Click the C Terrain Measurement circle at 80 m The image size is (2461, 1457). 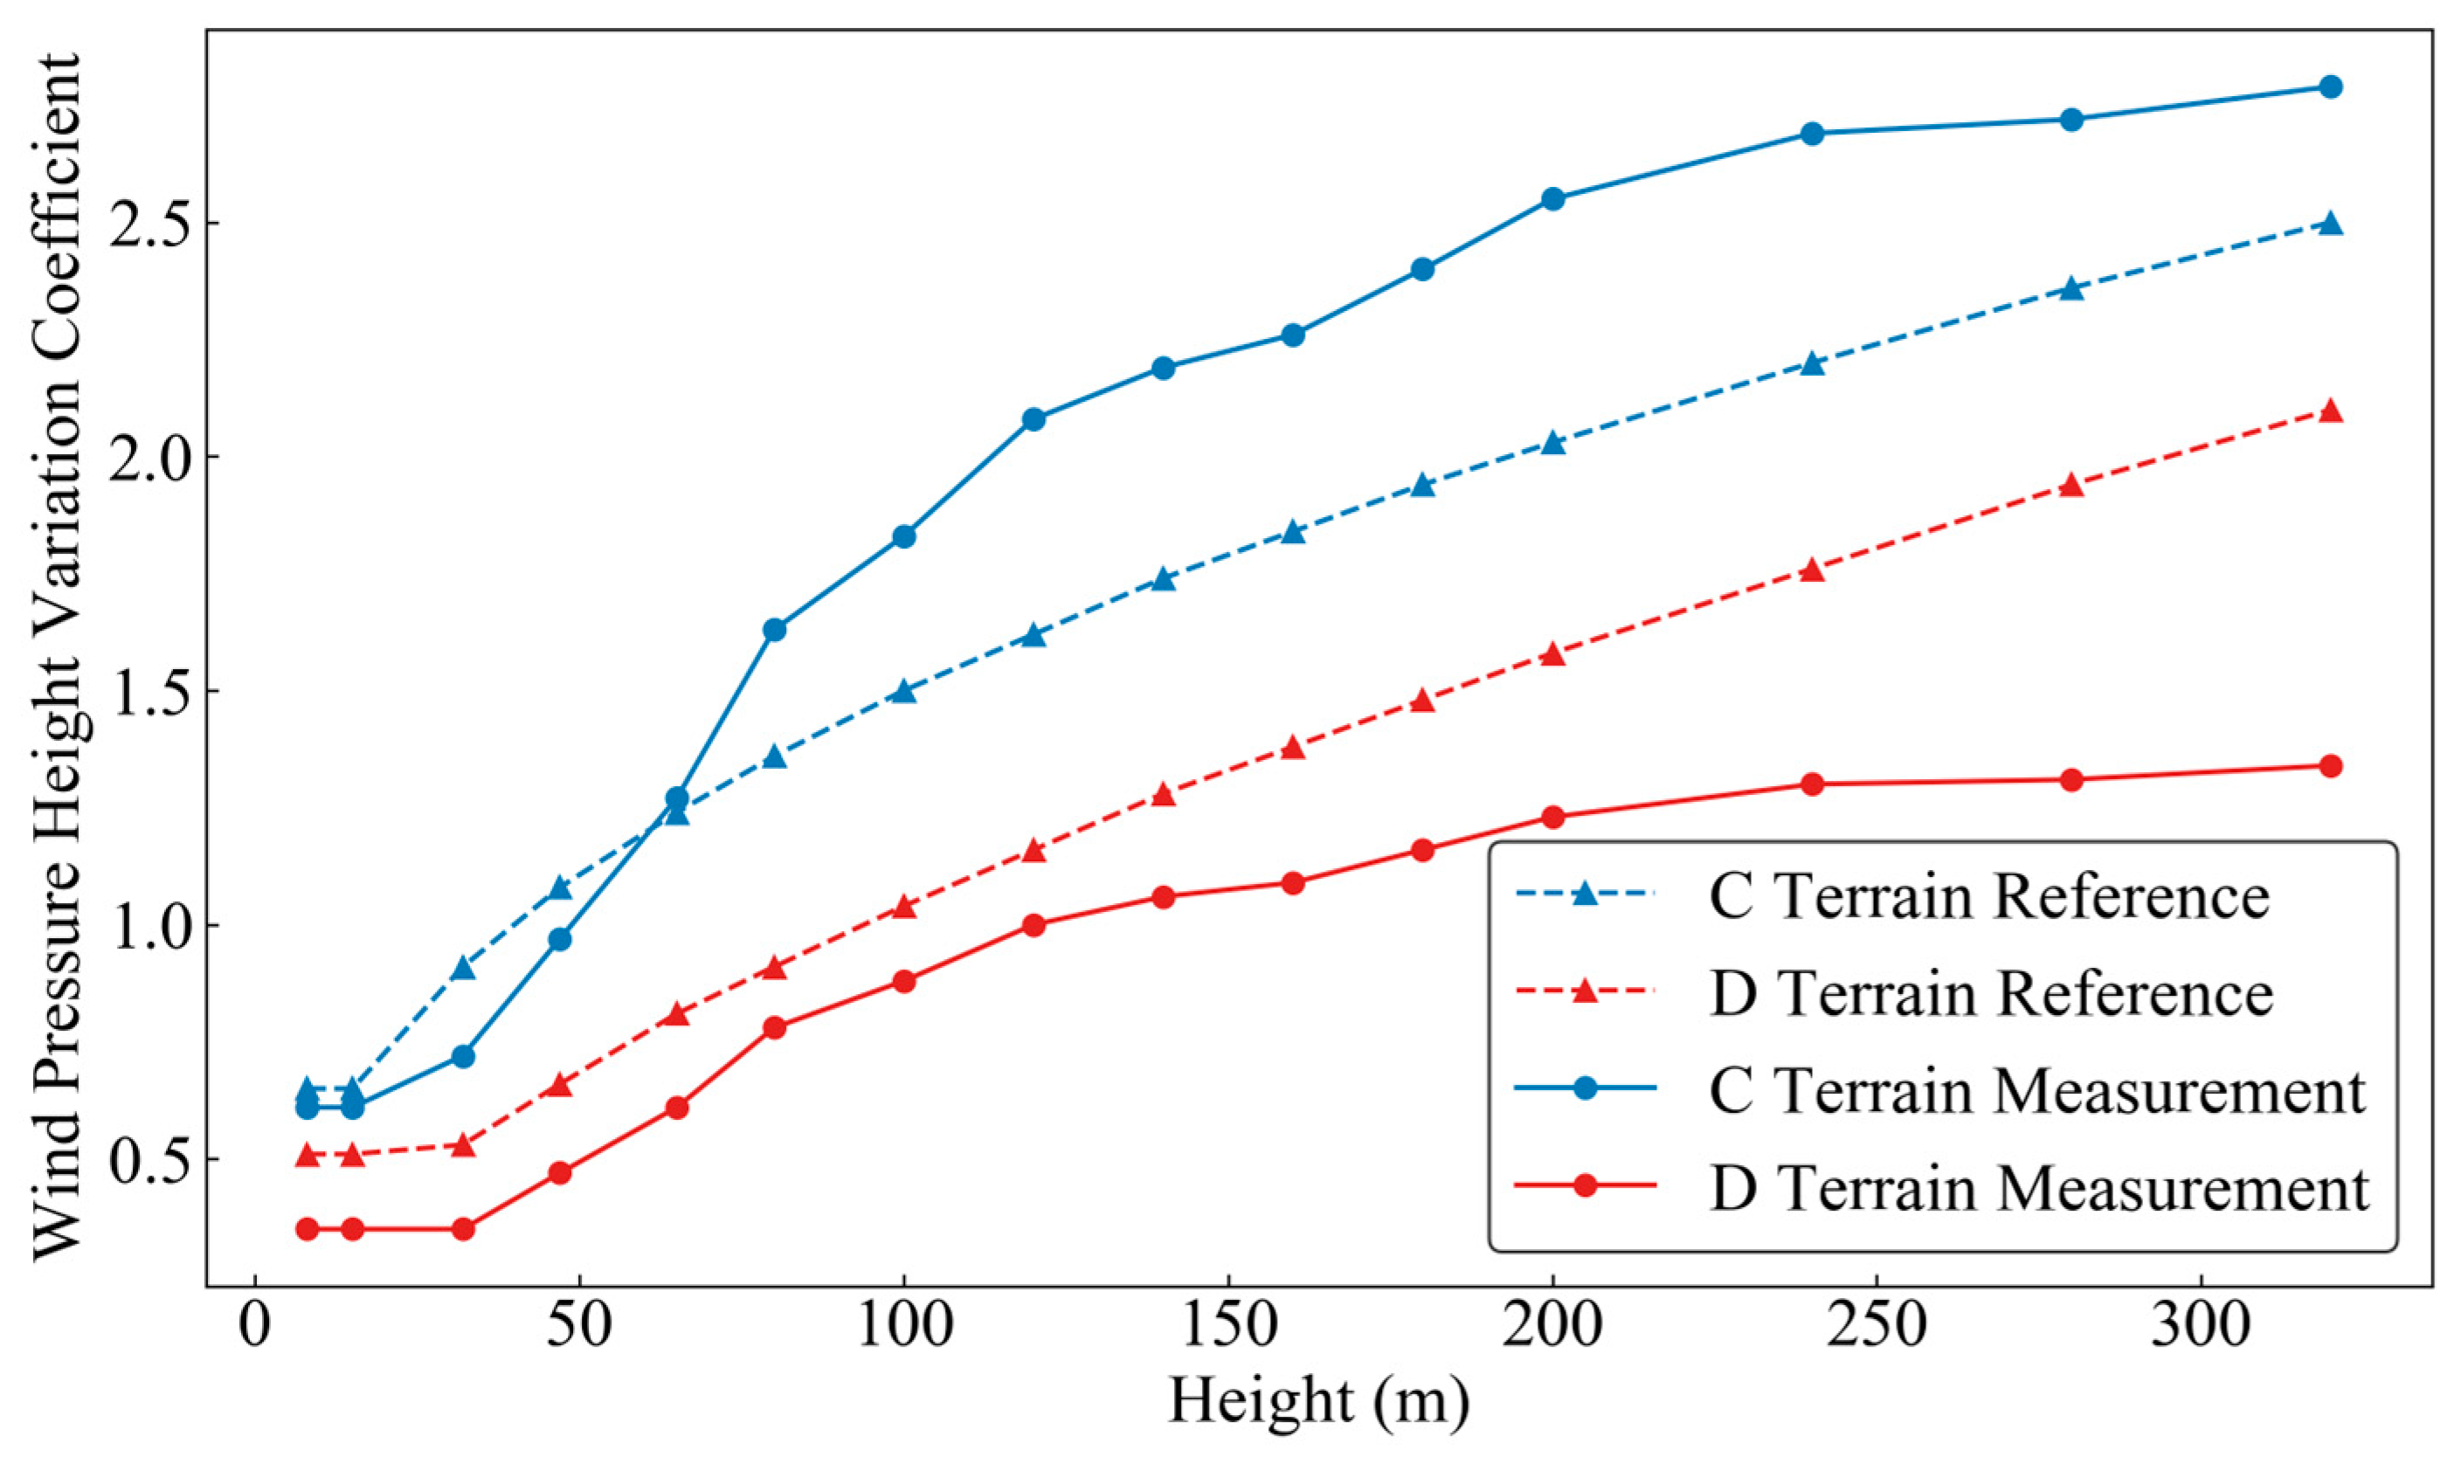(x=775, y=629)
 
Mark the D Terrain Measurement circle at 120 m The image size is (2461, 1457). (x=1033, y=925)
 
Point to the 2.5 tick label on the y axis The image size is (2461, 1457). (x=148, y=224)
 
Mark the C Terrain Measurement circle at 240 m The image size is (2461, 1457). (x=1813, y=134)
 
